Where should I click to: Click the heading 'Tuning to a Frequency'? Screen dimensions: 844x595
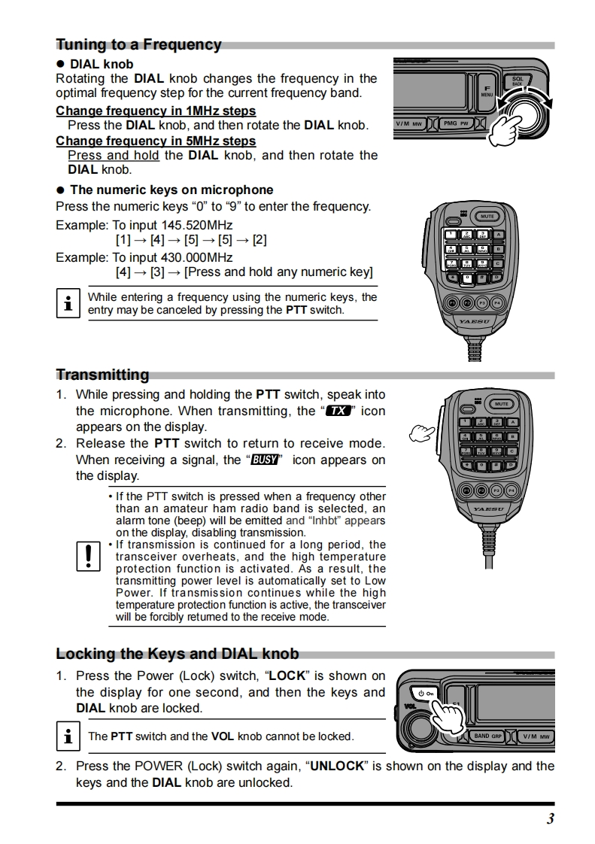tap(138, 44)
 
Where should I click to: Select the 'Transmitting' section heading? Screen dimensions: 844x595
tap(102, 375)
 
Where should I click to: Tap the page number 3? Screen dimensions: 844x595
tap(550, 819)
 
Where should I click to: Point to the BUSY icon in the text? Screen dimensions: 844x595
tap(264, 460)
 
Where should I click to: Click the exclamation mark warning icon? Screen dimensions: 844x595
tap(88, 557)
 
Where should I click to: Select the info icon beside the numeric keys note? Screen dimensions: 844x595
tap(68, 303)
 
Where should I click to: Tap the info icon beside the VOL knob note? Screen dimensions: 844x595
tap(68, 736)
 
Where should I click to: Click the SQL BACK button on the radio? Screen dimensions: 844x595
tap(517, 80)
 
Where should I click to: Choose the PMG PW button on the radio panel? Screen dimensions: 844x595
tap(456, 123)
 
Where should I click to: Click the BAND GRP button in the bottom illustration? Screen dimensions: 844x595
tap(488, 736)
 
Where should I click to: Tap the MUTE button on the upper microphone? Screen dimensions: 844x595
tap(487, 217)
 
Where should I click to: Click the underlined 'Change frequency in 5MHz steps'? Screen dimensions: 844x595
tap(156, 141)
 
